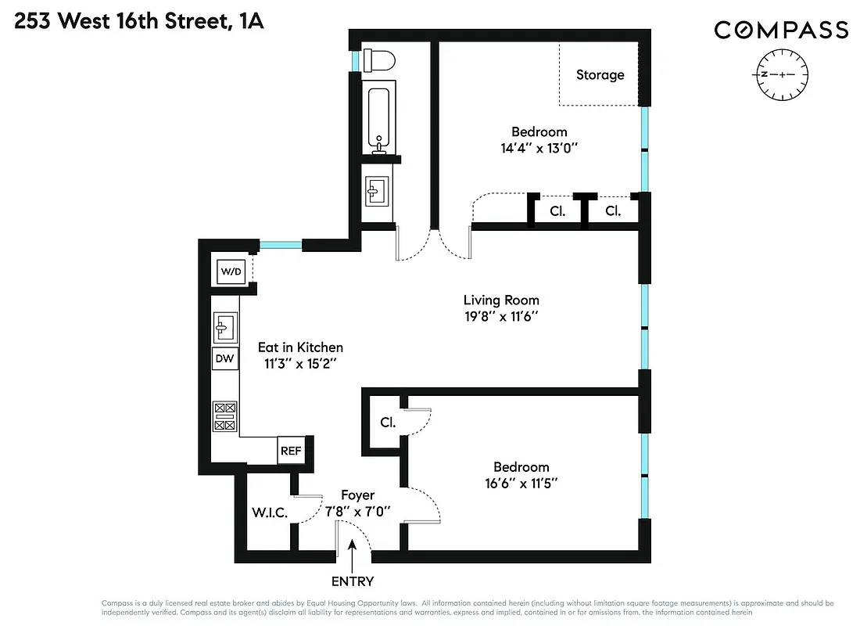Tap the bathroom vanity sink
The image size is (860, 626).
[377, 189]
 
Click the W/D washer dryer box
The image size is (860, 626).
[232, 272]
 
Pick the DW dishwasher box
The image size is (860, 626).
[225, 358]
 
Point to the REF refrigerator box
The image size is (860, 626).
[291, 451]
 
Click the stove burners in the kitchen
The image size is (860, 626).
[225, 416]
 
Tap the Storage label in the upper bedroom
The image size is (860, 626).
[600, 75]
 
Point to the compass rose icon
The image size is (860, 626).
[783, 74]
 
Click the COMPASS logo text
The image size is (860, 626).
[780, 30]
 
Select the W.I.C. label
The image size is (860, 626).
[270, 513]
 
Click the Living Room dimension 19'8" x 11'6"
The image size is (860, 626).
[501, 317]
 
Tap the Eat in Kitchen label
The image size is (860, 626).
[300, 347]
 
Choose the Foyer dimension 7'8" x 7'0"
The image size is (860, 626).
[358, 513]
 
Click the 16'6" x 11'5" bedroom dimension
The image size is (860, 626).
[520, 484]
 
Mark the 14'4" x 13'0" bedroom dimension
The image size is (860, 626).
[539, 148]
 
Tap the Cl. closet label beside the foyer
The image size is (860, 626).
[388, 422]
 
